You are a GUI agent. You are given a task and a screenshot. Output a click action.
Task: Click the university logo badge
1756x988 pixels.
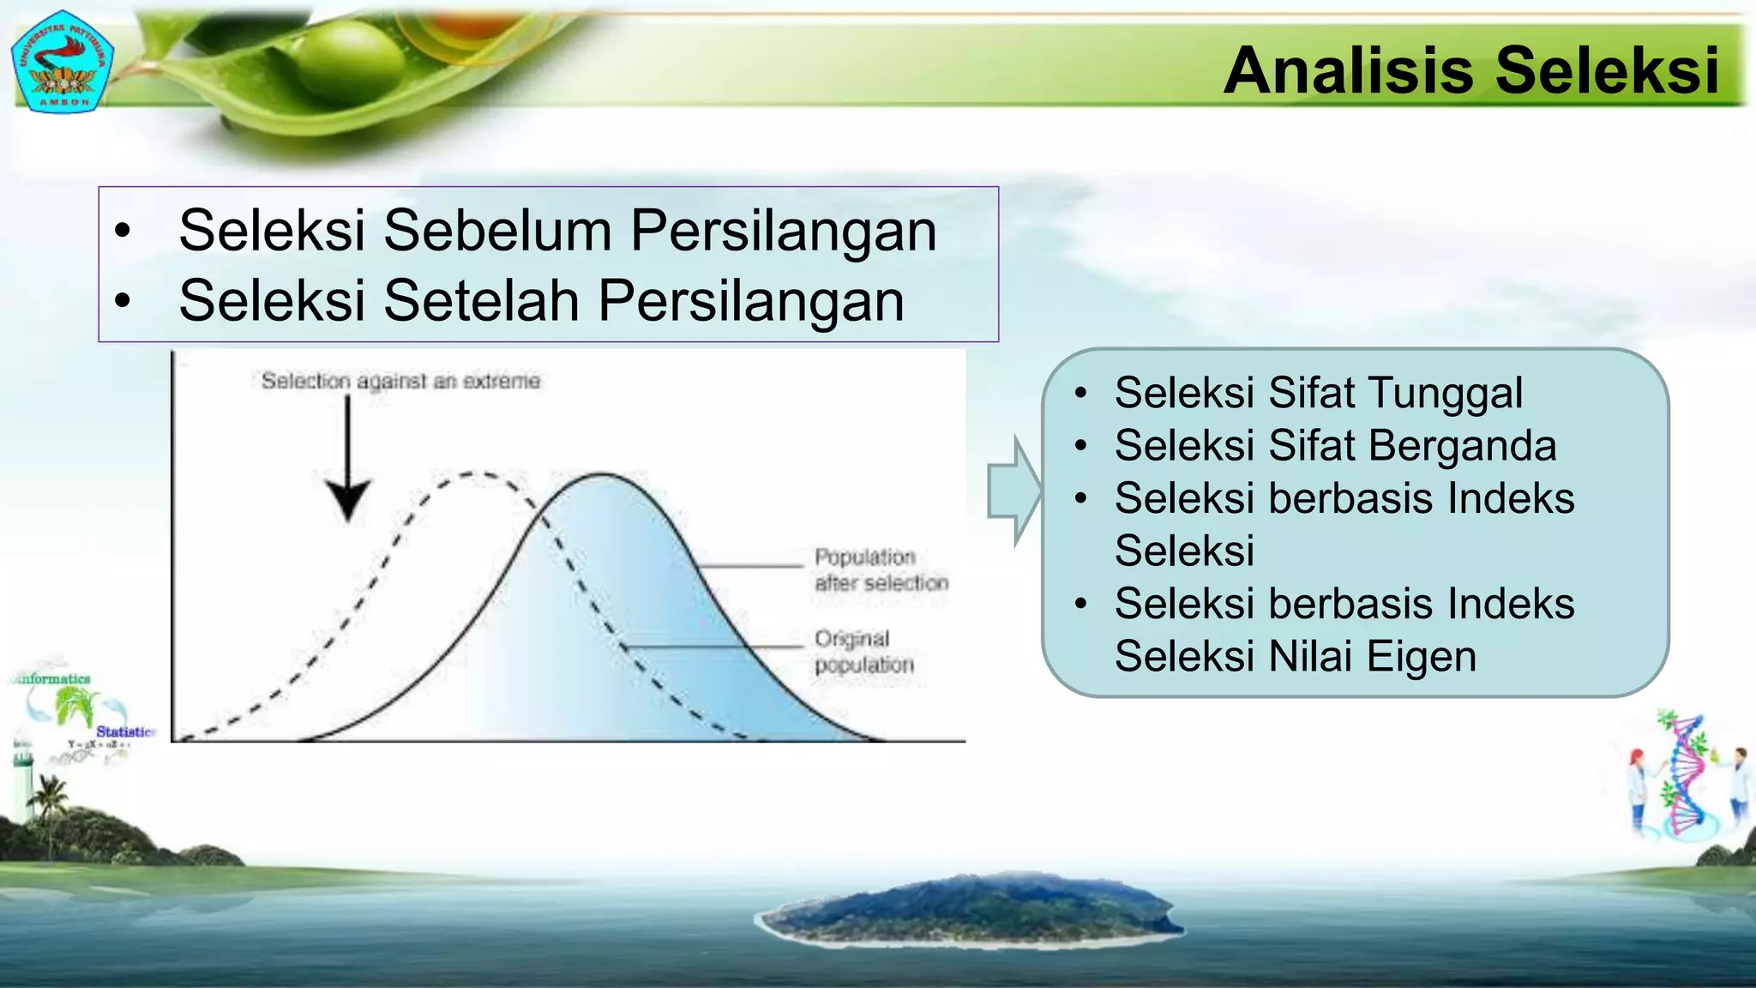pos(62,62)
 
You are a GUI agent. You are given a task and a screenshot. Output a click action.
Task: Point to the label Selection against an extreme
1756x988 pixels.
pos(400,381)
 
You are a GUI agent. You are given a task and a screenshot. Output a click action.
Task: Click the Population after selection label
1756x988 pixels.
pos(880,569)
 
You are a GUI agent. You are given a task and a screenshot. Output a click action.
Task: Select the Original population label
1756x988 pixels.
pos(863,652)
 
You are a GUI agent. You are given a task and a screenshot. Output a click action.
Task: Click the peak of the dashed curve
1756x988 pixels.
pos(470,473)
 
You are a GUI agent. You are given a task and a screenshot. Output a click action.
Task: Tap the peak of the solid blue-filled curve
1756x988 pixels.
pos(603,474)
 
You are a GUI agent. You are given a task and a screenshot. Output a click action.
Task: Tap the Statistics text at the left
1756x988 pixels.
pos(125,732)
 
